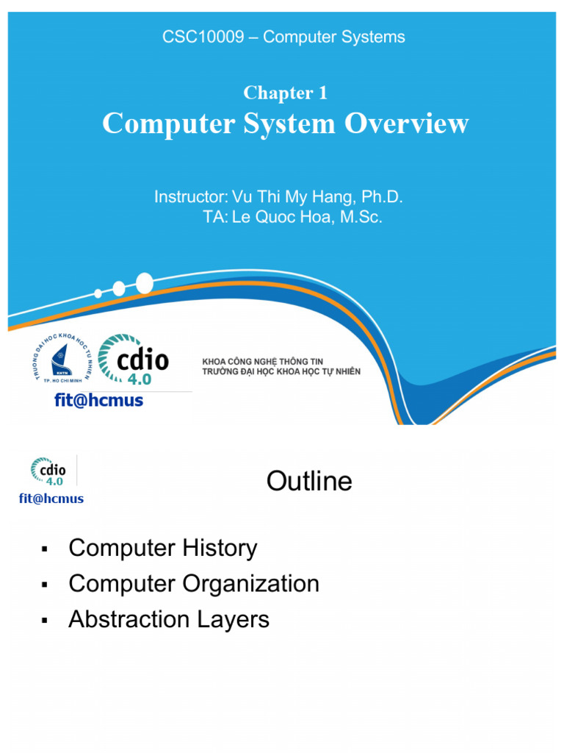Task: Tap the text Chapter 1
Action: pyautogui.click(x=285, y=93)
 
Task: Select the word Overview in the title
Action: pyautogui.click(x=407, y=124)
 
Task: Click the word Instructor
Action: pyautogui.click(x=190, y=197)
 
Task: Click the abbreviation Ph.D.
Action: pyautogui.click(x=383, y=197)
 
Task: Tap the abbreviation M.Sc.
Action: pyautogui.click(x=361, y=218)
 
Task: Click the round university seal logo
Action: pyautogui.click(x=62, y=358)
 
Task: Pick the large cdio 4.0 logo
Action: pyautogui.click(x=134, y=360)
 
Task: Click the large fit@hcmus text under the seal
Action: pyautogui.click(x=98, y=401)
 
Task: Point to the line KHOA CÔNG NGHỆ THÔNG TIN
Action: pyautogui.click(x=262, y=362)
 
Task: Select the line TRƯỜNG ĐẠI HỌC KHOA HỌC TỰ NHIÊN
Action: pyautogui.click(x=281, y=372)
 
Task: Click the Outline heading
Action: pyautogui.click(x=309, y=482)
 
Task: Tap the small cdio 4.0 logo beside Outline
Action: pyautogui.click(x=48, y=471)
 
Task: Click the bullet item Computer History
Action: pyautogui.click(x=162, y=548)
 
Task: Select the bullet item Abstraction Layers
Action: pyautogui.click(x=169, y=619)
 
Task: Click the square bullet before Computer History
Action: pyautogui.click(x=45, y=549)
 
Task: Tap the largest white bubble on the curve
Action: pyautogui.click(x=144, y=282)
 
